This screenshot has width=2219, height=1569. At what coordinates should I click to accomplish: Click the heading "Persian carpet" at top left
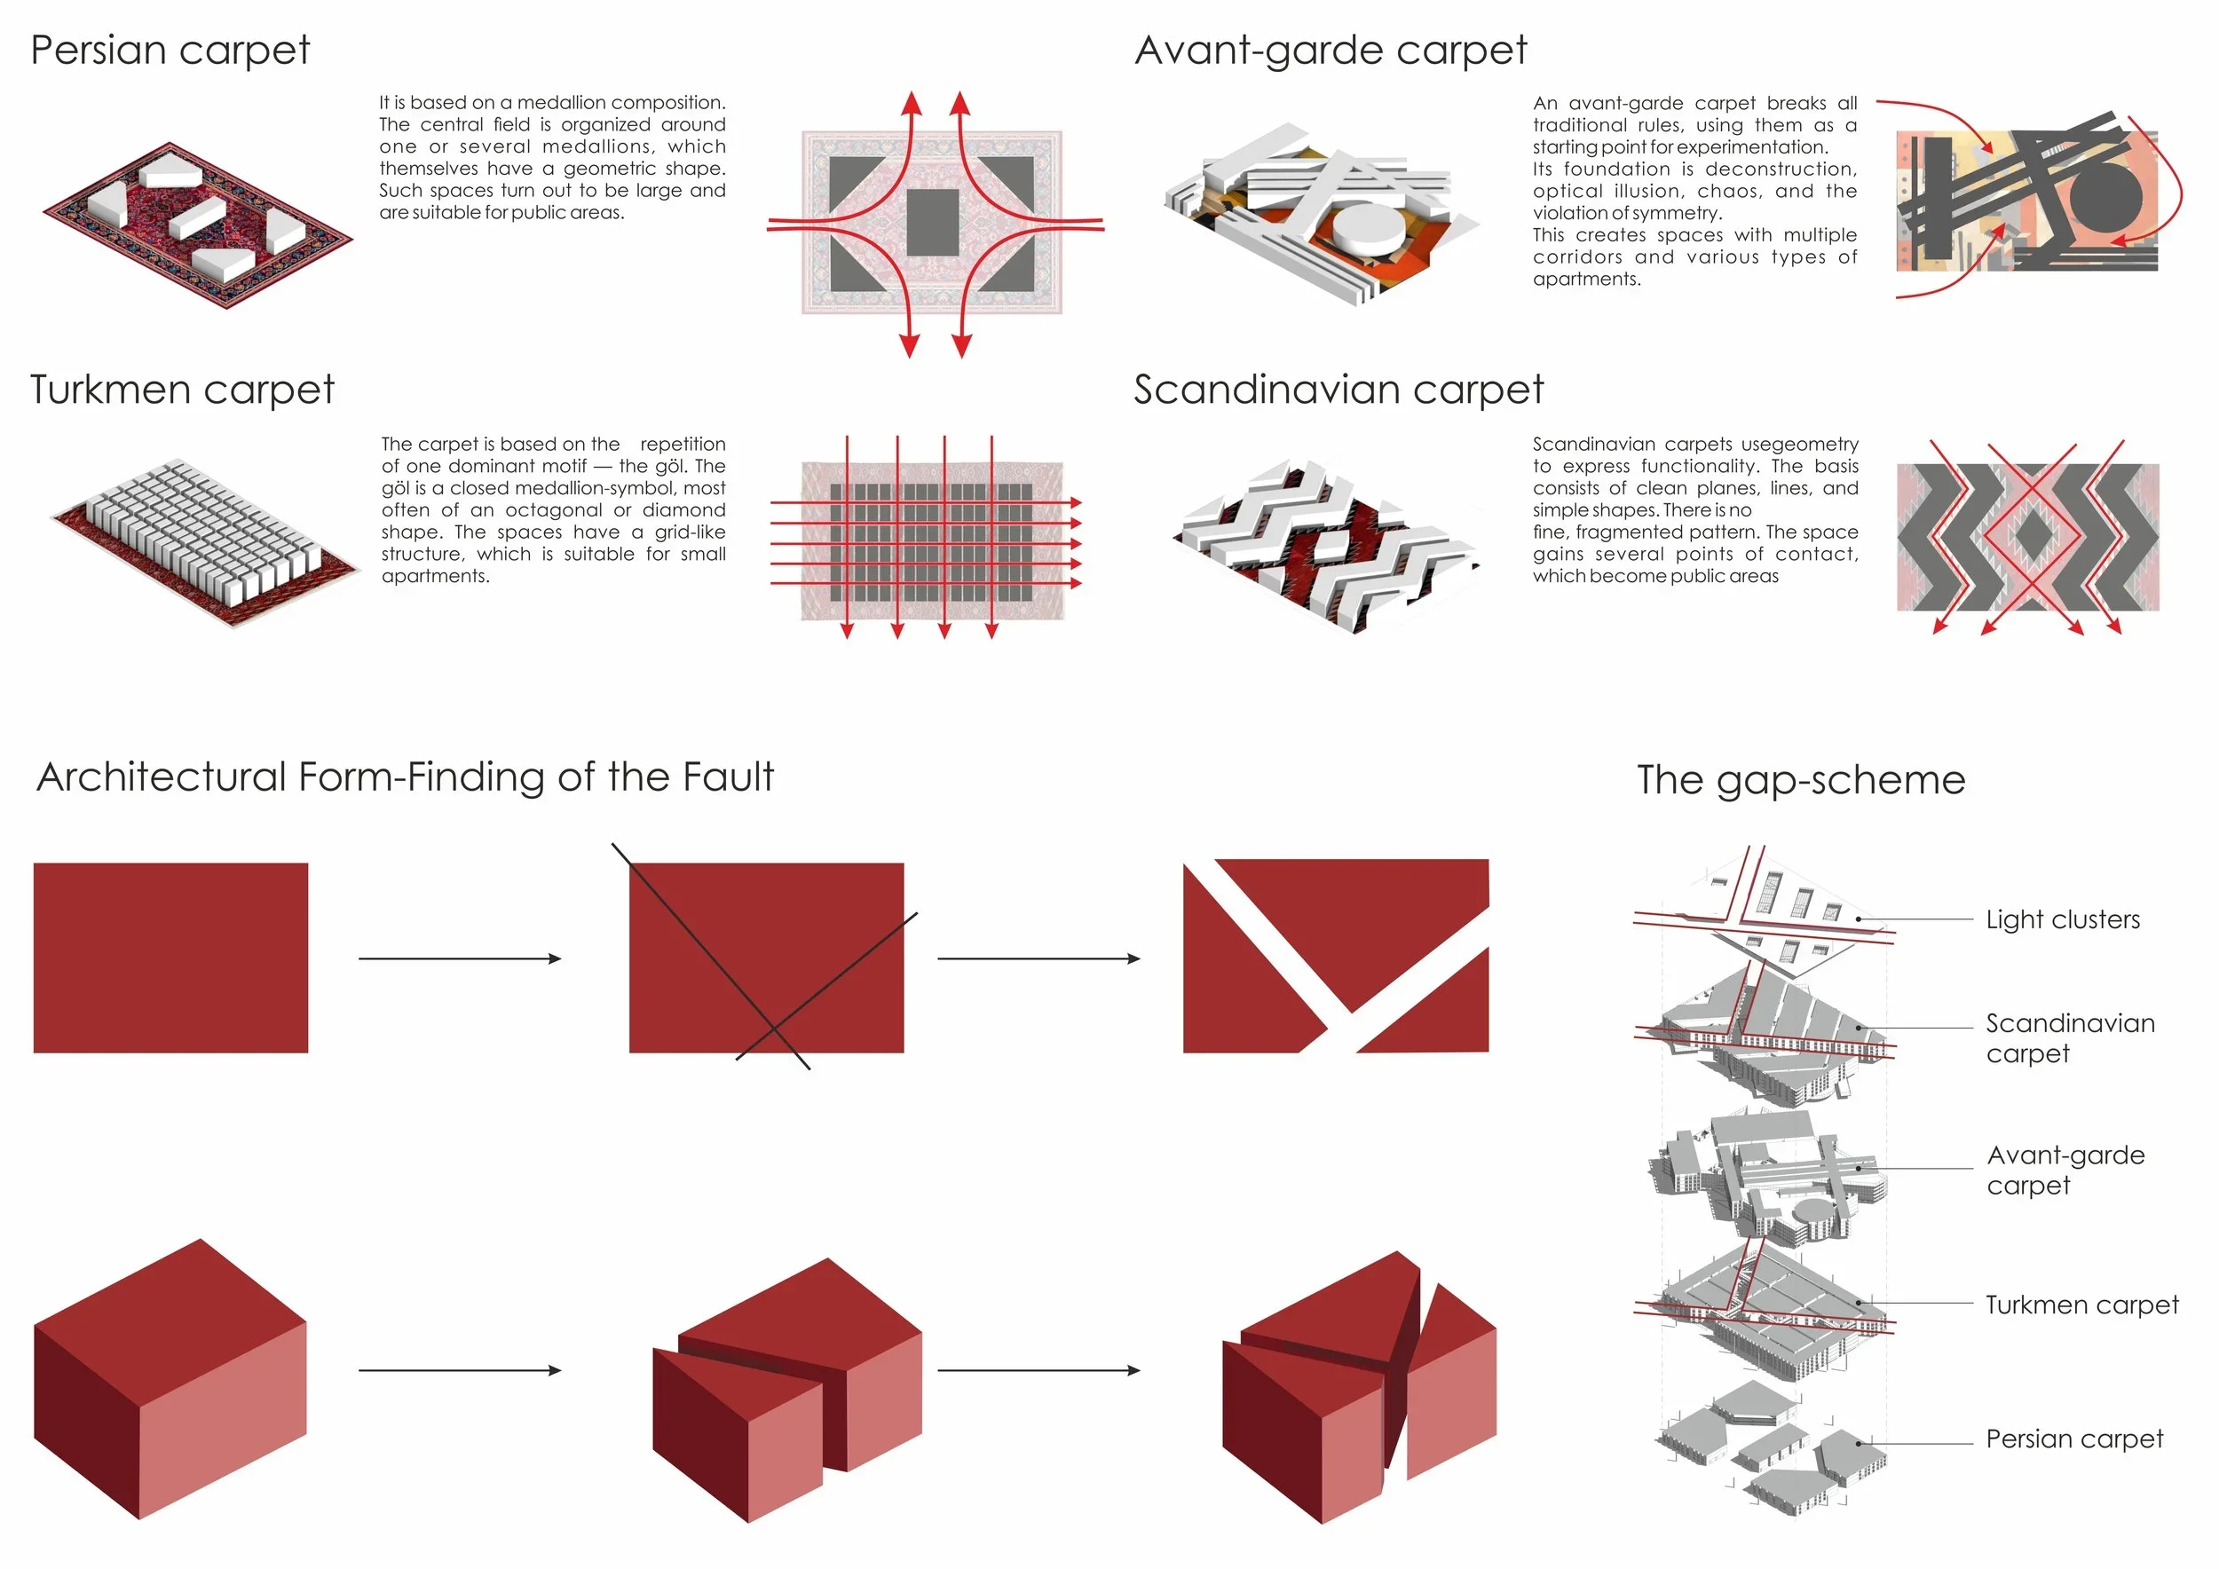[170, 51]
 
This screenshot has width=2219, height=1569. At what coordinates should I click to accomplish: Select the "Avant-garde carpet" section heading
[1330, 51]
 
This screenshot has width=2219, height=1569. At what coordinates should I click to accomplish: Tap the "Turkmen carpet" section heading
[182, 390]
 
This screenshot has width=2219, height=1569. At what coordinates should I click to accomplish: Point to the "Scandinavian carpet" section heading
[1339, 390]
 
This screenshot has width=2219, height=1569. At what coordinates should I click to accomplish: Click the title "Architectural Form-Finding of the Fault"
[405, 777]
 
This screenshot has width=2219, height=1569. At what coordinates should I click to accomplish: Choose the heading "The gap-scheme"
[1801, 780]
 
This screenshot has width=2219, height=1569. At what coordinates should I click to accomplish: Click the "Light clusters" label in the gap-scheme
[2063, 919]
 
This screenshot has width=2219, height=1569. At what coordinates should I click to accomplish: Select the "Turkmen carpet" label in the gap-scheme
[2081, 1305]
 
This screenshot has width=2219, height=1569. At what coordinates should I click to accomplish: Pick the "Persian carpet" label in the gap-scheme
[2074, 1439]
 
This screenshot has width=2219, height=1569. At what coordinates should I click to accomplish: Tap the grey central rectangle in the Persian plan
[933, 222]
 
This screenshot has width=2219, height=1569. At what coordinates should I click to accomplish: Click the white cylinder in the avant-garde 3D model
[1368, 227]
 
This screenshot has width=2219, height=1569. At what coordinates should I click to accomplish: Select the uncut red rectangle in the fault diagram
[170, 958]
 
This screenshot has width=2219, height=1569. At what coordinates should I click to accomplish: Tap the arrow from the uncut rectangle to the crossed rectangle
[460, 958]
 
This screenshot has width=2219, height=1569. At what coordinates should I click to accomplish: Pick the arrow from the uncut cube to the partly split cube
[460, 1370]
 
